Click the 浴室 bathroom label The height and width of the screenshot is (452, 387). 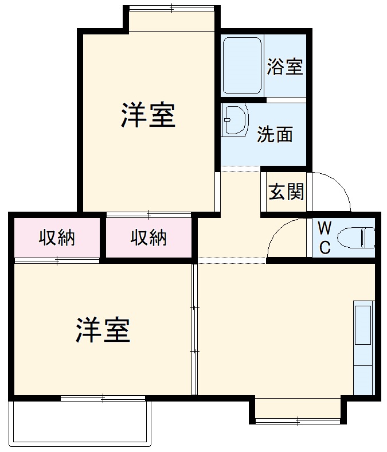[x=285, y=67]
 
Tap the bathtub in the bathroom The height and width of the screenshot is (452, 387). [x=242, y=66]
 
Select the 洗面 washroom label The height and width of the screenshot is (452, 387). [x=275, y=134]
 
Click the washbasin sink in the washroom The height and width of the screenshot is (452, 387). [x=234, y=120]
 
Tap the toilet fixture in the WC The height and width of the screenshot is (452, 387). [x=355, y=237]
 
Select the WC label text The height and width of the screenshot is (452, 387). [x=325, y=238]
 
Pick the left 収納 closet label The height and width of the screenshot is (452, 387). [x=57, y=237]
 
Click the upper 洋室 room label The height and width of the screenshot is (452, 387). [x=147, y=115]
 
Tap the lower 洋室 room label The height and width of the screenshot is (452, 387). [x=103, y=330]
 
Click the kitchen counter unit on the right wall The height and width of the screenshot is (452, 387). [x=363, y=346]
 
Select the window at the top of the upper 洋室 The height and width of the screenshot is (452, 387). [x=173, y=8]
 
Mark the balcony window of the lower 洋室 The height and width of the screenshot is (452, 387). [x=103, y=397]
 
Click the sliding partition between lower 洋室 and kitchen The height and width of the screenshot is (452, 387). [x=195, y=329]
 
